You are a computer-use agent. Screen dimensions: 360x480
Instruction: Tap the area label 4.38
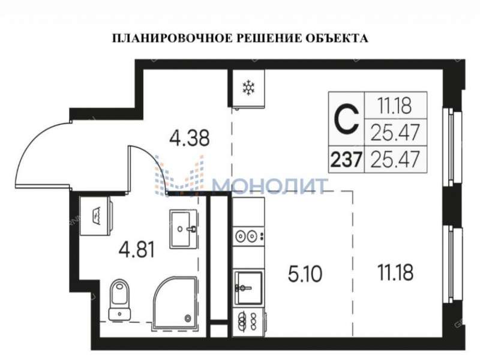point(190,139)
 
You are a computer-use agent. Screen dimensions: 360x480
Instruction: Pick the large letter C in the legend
point(346,119)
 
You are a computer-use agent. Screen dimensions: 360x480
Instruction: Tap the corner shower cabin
point(174,303)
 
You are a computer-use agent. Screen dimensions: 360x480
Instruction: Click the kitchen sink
point(247,287)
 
